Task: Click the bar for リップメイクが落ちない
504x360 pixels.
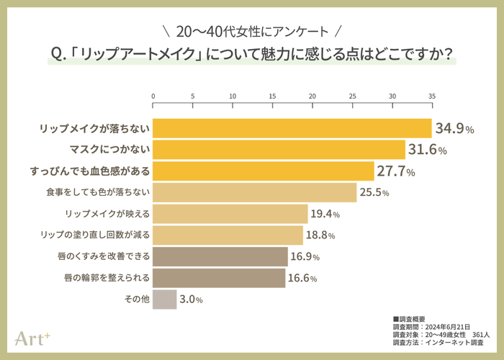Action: point(292,128)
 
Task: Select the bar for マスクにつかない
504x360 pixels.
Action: point(279,150)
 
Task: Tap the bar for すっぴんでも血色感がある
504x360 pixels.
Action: point(264,171)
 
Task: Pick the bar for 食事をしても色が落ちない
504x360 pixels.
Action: point(255,192)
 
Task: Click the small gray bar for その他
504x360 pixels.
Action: point(165,299)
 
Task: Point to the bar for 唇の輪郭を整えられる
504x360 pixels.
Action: point(219,277)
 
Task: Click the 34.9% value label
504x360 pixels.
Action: point(454,129)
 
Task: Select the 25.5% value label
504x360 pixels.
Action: point(375,193)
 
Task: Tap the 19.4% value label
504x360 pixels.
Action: point(325,214)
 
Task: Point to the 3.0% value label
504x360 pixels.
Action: point(191,299)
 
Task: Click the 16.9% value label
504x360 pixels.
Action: point(305,256)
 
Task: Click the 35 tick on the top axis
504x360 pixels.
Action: point(432,96)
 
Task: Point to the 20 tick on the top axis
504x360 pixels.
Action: point(312,96)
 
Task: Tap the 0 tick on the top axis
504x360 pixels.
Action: point(153,96)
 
